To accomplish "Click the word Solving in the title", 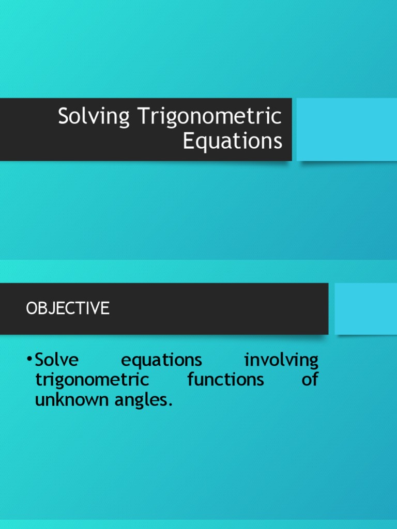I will [x=94, y=117].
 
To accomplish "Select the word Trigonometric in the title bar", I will [x=209, y=117].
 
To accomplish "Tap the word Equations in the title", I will [x=233, y=141].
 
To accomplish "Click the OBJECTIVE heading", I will [x=68, y=308].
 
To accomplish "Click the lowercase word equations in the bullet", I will [x=161, y=360].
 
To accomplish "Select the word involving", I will [x=281, y=360].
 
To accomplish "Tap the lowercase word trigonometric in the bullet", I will [x=92, y=380].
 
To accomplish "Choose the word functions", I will [x=225, y=380].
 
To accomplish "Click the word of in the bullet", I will [x=310, y=380].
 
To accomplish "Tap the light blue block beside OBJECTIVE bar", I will [x=365, y=308].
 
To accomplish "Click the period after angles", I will [x=169, y=404].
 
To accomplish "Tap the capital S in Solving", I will [x=64, y=117].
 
